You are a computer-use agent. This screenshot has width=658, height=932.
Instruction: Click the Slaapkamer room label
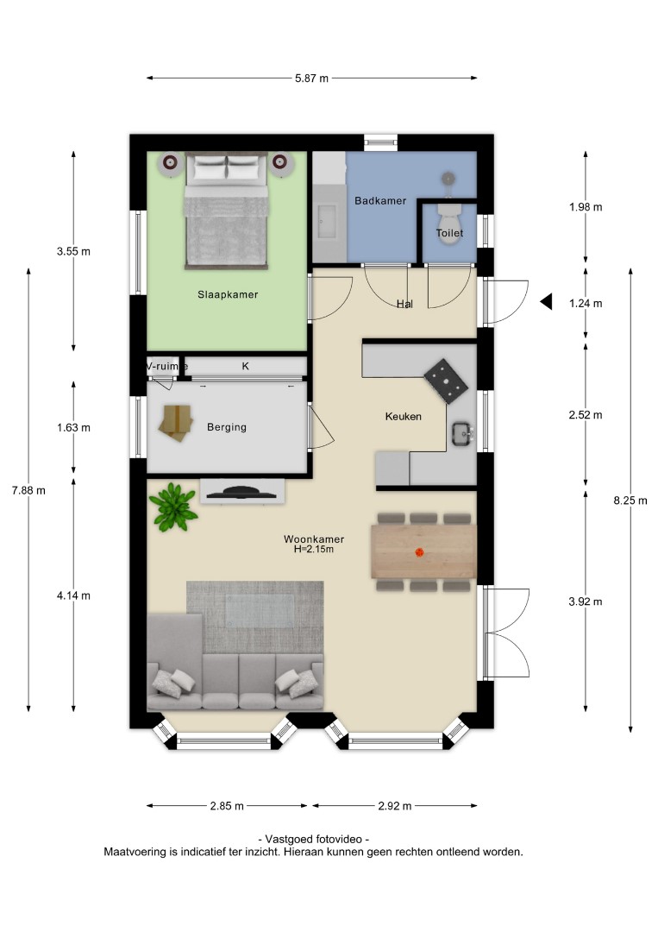pos(228,294)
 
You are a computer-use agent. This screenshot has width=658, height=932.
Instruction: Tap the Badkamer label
pos(380,201)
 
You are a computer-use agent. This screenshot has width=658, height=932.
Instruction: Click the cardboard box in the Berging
pos(176,423)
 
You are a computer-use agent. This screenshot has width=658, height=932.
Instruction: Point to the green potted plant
pos(172,507)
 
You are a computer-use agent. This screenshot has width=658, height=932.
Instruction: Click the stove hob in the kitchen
pos(446,381)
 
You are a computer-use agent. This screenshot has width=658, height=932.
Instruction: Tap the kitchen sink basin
pos(461,433)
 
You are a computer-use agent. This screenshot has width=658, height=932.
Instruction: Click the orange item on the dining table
pos(419,553)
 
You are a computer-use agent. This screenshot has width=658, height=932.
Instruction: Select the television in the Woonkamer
pos(241,492)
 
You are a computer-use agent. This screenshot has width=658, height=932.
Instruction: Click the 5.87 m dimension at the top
pos(312,78)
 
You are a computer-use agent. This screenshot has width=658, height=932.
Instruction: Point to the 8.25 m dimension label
pos(630,501)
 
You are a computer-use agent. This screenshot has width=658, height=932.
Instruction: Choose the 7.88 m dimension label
pos(28,490)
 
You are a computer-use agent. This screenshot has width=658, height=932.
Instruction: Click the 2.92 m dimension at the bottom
pos(395,806)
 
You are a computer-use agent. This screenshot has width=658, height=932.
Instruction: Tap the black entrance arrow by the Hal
pos(547,302)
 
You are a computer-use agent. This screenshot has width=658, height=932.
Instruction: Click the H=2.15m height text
pos(314,549)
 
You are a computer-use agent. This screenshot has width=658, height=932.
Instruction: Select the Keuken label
pos(404,417)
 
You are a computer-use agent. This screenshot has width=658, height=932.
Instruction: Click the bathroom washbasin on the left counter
pos(327,221)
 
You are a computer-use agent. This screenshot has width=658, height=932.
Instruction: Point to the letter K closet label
pos(245,366)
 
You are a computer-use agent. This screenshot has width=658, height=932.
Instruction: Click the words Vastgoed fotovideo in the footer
pos(314,840)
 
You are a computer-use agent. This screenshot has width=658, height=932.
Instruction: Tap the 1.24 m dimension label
pos(586,303)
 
